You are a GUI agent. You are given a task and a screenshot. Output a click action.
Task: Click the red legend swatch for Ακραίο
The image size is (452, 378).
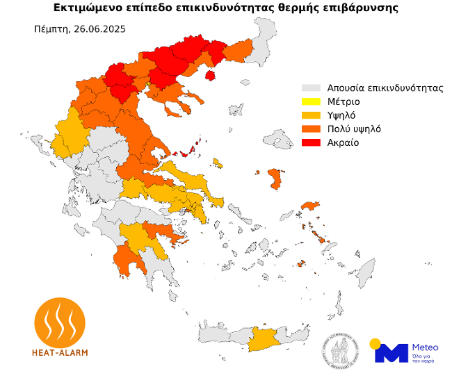309,142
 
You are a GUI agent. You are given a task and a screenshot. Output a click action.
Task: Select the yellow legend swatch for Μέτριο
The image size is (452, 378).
309,102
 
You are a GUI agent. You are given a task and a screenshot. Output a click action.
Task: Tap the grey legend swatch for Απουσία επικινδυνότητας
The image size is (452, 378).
309,89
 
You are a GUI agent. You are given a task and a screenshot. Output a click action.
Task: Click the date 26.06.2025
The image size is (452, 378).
102,29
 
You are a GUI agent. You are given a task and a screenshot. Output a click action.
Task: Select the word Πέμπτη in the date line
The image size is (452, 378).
50,29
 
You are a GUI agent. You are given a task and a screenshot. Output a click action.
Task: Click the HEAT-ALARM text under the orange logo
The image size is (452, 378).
60,352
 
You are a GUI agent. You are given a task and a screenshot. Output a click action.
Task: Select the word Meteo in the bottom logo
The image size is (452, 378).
425,346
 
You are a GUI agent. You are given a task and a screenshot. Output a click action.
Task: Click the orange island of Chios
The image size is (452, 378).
274,179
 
